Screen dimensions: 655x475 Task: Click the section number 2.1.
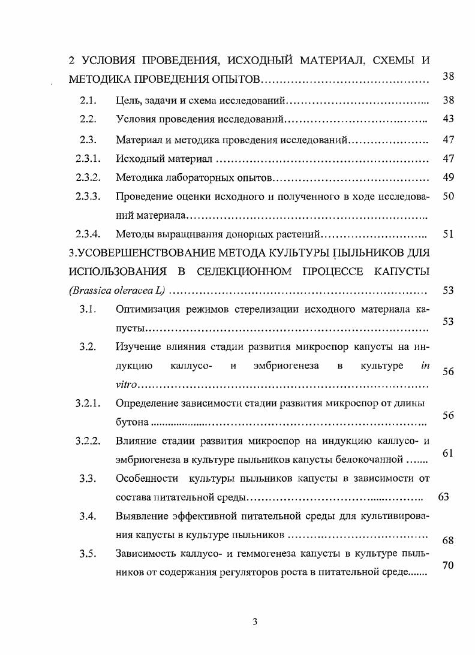[x=89, y=99]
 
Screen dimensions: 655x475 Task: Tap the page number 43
[x=447, y=119]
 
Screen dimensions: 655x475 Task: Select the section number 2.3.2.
[x=87, y=178]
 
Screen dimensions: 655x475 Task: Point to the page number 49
[x=447, y=177]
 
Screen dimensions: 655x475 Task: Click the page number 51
[x=447, y=234]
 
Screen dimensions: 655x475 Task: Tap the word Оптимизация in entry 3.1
[x=145, y=310]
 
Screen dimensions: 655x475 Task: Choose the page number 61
[x=447, y=453]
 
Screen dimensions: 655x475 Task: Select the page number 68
[x=447, y=541]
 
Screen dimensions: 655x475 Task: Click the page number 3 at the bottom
[x=254, y=621]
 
